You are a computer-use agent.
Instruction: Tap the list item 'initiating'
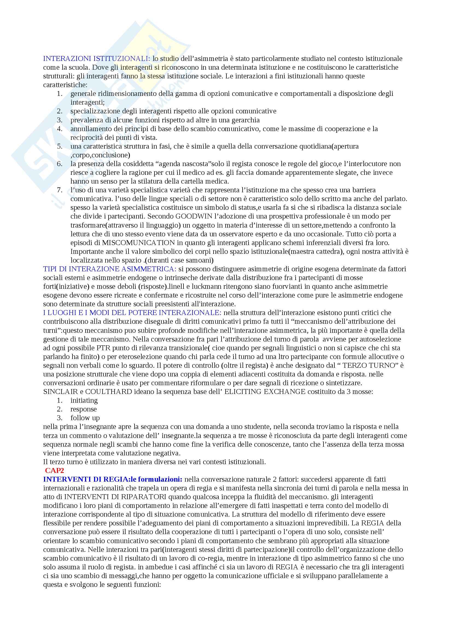pyautogui.click(x=84, y=400)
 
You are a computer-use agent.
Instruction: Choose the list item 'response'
pyautogui.click(x=84, y=409)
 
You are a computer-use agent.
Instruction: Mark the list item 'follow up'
pyautogui.click(x=85, y=418)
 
